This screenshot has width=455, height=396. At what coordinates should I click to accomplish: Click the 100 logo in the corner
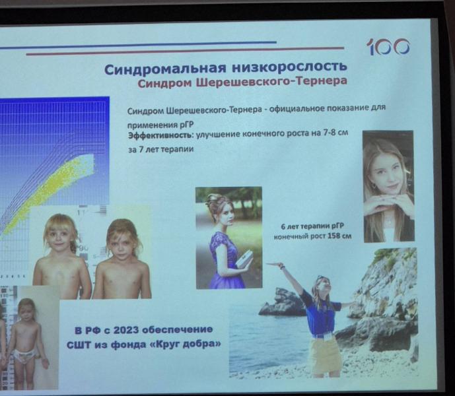388,47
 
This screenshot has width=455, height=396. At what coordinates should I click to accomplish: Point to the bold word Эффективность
160,135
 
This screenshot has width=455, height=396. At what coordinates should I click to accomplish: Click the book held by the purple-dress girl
244,261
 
